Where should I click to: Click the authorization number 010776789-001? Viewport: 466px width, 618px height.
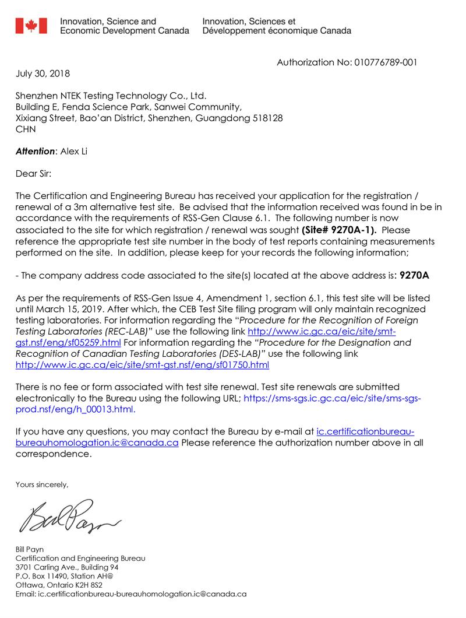(385, 63)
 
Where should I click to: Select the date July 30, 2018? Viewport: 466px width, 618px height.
(42, 73)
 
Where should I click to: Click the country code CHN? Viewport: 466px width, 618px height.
(25, 129)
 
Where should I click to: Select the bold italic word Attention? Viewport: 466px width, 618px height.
(34, 152)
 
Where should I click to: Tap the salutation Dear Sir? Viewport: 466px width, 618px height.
(34, 173)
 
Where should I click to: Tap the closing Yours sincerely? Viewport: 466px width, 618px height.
(42, 484)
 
